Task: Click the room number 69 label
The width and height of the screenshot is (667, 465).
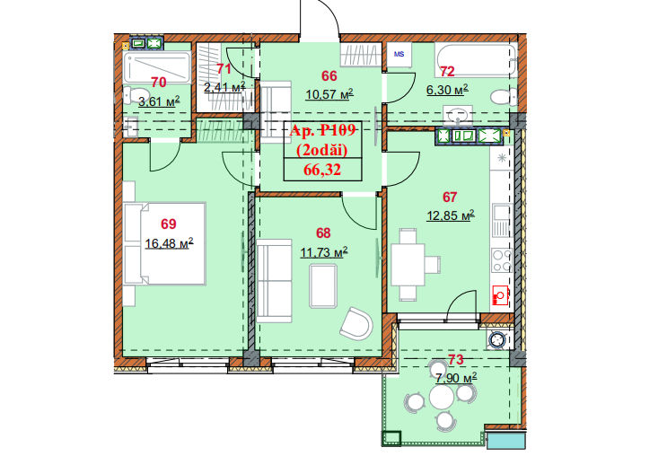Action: (x=169, y=224)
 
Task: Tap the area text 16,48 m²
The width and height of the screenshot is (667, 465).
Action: (x=170, y=243)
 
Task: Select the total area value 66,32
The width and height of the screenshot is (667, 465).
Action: (x=322, y=170)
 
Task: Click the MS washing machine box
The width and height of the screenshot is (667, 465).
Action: (x=399, y=55)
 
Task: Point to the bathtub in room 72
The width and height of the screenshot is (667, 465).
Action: (x=476, y=60)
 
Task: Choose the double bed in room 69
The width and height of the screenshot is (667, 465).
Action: (x=164, y=244)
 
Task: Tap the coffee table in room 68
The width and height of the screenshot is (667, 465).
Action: (x=323, y=285)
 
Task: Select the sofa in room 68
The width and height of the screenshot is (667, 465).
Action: (x=275, y=281)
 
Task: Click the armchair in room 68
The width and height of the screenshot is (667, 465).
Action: (x=356, y=323)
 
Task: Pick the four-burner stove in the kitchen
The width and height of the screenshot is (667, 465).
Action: (x=502, y=260)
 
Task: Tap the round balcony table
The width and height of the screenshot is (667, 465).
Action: (x=442, y=397)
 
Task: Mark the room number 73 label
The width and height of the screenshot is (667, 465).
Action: (x=455, y=360)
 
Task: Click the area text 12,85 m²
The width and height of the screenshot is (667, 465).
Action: (x=451, y=215)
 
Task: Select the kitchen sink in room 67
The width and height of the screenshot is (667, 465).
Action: (x=502, y=220)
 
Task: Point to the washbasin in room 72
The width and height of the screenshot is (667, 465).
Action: (x=457, y=115)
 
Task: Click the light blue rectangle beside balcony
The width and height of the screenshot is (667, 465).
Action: (x=506, y=441)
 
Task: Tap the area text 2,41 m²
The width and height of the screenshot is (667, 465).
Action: (x=224, y=88)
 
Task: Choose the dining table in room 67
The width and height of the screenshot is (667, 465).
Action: (x=408, y=265)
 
